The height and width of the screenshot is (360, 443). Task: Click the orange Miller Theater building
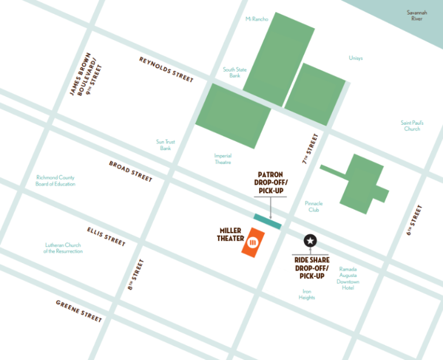pyautogui.click(x=253, y=243)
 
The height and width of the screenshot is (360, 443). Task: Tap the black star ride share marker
pyautogui.click(x=310, y=241)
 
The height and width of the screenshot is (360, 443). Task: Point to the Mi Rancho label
pyautogui.click(x=257, y=19)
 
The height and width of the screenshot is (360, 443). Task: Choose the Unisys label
pyautogui.click(x=356, y=58)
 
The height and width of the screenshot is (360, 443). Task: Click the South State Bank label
pyautogui.click(x=235, y=73)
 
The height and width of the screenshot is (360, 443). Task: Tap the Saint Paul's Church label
pyautogui.click(x=412, y=126)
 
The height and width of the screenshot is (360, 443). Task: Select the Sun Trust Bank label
pyautogui.click(x=166, y=145)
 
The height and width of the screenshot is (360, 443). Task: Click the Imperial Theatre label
pyautogui.click(x=223, y=159)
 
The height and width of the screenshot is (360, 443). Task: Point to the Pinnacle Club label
pyautogui.click(x=314, y=207)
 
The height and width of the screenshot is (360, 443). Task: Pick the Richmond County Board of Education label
pyautogui.click(x=56, y=181)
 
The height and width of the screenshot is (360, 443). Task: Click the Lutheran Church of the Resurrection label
pyautogui.click(x=63, y=248)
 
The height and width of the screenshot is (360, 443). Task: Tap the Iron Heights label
pyautogui.click(x=307, y=294)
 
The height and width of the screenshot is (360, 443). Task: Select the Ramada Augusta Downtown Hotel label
pyautogui.click(x=348, y=278)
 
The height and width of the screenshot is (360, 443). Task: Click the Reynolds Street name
pyautogui.click(x=166, y=69)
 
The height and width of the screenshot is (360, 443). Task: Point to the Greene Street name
pyautogui.click(x=79, y=312)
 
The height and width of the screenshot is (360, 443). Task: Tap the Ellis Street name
pyautogui.click(x=106, y=237)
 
